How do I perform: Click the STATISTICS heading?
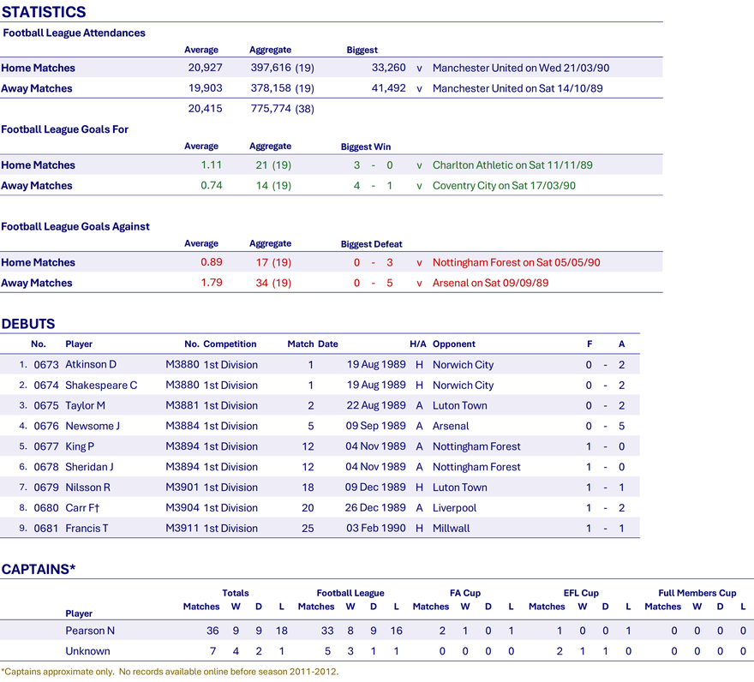pos(44,12)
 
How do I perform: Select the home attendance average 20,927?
pos(206,68)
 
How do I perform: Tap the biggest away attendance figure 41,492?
pos(388,88)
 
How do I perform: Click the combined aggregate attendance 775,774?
pos(271,109)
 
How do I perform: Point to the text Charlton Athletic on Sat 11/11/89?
pos(512,165)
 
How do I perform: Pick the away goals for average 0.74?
pos(212,186)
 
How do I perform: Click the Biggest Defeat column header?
pos(371,244)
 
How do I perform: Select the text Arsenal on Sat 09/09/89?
pos(490,283)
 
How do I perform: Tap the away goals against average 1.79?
pos(212,283)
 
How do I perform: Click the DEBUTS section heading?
pos(28,324)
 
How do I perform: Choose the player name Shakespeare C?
pos(101,386)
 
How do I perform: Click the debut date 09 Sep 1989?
pos(375,426)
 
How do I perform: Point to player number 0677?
pos(46,446)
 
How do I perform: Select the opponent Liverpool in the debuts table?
pos(454,508)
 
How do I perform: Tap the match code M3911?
pos(183,528)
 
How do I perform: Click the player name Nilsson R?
pos(88,488)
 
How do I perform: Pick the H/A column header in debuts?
pos(418,344)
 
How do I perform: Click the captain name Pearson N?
pos(90,631)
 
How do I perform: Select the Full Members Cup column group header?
pos(697,593)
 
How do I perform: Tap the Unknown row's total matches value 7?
pos(212,651)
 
